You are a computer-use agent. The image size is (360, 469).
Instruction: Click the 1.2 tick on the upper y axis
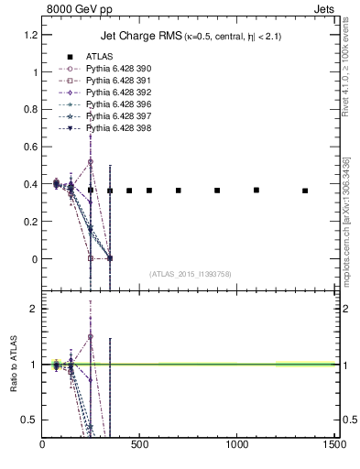coord(31,35)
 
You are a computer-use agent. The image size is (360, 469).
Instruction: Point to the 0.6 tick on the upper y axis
coord(31,147)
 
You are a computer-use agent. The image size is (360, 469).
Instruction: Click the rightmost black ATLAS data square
coord(305,191)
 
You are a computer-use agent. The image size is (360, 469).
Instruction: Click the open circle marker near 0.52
coord(91,161)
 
